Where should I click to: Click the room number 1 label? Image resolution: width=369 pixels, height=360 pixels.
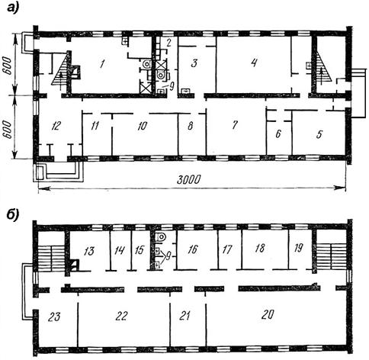pos(102,63)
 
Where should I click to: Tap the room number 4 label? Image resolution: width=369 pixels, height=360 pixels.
pos(254,62)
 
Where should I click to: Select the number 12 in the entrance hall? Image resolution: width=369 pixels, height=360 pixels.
pos(56,126)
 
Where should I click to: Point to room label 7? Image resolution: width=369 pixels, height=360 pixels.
pos(235,124)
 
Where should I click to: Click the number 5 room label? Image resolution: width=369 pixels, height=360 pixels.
pos(319,134)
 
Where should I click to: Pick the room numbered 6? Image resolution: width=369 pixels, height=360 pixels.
pos(278,134)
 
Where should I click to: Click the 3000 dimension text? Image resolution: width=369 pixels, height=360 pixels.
pos(188,180)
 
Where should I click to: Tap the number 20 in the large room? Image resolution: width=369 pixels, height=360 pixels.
pos(268,314)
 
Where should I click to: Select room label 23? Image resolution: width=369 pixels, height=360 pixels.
pos(54,317)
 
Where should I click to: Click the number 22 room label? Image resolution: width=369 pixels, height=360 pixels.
pos(121,316)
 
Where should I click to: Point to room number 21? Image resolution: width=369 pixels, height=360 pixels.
pos(184,316)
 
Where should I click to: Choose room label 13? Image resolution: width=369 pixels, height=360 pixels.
pos(89,251)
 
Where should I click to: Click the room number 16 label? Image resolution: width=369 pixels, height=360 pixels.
pos(193,249)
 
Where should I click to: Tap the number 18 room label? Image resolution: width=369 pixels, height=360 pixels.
pos(259,248)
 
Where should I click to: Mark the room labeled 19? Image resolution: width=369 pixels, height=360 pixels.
pos(298,248)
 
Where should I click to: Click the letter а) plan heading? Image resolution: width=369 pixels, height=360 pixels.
pos(13,8)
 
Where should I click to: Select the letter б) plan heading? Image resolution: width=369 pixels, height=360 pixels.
pos(13,216)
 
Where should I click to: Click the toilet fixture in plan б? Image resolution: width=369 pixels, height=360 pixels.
pos(160,237)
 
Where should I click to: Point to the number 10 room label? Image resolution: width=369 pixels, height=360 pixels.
pos(142,126)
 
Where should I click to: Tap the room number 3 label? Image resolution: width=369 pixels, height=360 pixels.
pos(194,63)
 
